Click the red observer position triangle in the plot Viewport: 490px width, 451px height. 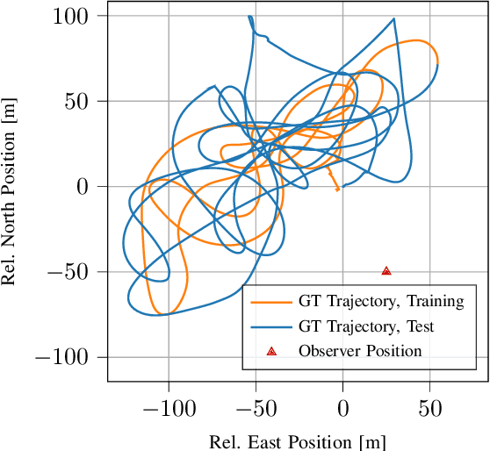tap(386, 271)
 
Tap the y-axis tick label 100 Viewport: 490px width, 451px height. tap(77, 17)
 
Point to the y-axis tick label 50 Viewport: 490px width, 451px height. tap(83, 102)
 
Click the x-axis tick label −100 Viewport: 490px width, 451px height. tap(168, 408)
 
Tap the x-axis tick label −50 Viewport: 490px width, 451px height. tap(256, 408)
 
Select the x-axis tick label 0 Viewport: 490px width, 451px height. tap(343, 408)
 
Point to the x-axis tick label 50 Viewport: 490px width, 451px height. tap(430, 408)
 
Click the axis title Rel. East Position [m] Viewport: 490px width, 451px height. tap(297, 440)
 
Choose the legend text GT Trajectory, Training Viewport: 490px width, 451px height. tap(381, 302)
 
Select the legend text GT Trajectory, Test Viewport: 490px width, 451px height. tap(366, 326)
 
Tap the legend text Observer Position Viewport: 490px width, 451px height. tap(360, 351)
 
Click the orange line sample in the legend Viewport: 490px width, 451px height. tap(270, 302)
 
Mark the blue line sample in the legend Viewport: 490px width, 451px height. tap(270, 326)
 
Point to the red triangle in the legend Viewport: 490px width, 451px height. tap(271, 351)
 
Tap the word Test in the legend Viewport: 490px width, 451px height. tap(419, 326)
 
